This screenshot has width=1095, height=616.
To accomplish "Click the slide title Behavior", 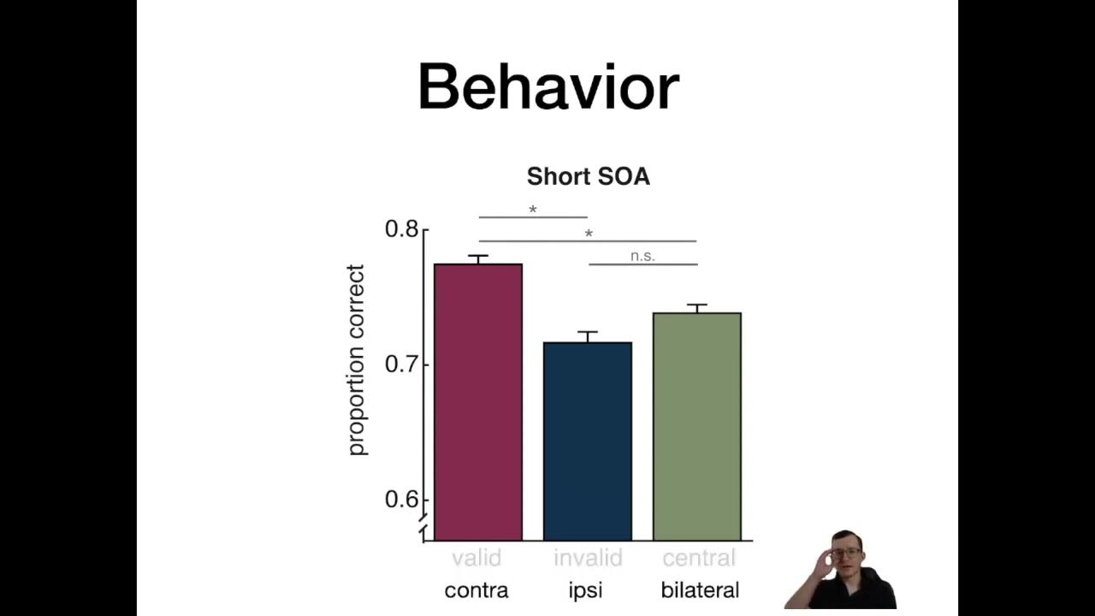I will point(547,87).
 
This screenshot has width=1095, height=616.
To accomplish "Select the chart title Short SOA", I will point(588,177).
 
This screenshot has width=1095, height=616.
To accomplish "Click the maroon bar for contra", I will point(478,402).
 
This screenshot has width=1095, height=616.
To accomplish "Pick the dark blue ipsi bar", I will point(588,441).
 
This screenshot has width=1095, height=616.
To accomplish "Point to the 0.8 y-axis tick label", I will point(401,229).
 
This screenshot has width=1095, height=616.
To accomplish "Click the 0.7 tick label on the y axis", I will point(401,364).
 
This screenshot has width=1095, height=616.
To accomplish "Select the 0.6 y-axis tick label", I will point(401,499).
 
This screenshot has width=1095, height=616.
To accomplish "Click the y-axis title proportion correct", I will point(356,360).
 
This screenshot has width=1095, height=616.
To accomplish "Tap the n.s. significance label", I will point(642,256).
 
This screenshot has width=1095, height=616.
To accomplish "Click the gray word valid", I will point(476,559).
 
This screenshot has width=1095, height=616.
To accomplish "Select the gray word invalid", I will point(588,559).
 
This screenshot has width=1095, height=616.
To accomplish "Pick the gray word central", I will point(699,559).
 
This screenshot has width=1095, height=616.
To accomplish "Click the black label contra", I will point(476,590).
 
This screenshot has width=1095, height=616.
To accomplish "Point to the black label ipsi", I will point(585,590).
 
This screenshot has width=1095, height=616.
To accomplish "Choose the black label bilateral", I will point(700,590).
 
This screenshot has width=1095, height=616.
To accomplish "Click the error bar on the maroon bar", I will point(478,259).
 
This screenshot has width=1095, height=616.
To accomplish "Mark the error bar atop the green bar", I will point(697,308).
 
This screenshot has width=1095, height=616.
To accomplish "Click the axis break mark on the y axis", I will point(423,529).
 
